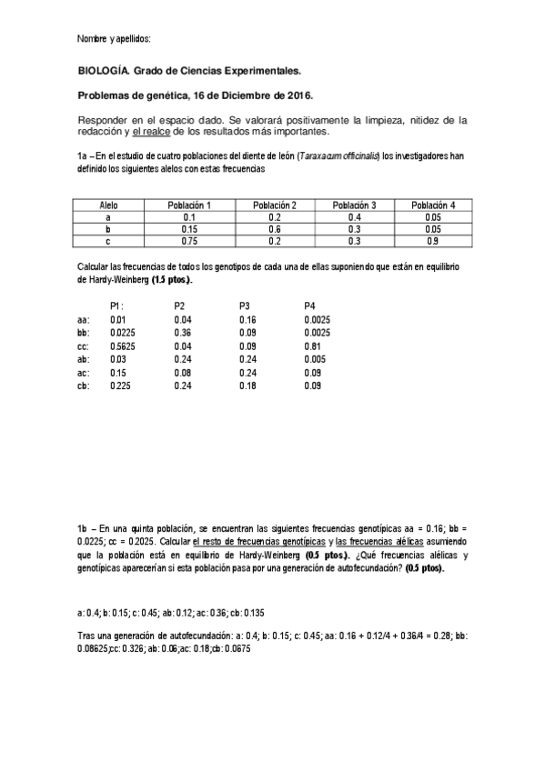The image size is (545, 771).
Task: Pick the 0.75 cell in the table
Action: tap(189, 241)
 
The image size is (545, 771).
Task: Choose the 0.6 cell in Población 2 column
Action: tap(274, 229)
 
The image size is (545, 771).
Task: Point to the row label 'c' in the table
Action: tap(108, 241)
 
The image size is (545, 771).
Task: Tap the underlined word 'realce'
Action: tap(182, 132)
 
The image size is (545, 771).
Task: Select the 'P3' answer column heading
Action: tap(245, 305)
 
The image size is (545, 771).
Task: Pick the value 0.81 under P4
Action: tap(311, 346)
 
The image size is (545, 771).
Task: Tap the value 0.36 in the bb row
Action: tap(181, 333)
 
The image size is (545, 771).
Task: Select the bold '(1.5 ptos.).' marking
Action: tap(172, 280)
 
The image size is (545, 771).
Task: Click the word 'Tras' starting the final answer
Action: tap(87, 636)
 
